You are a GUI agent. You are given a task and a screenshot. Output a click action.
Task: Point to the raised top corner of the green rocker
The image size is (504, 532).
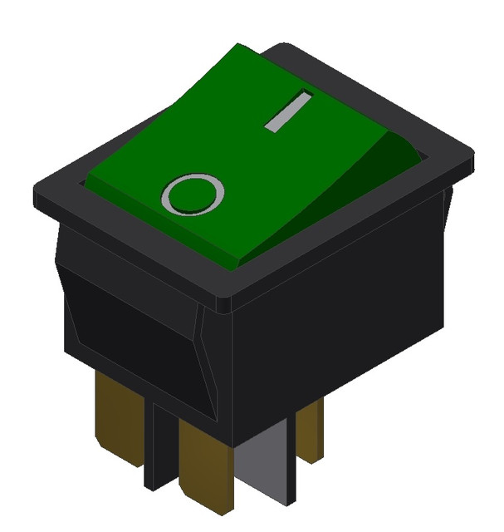[x=239, y=47]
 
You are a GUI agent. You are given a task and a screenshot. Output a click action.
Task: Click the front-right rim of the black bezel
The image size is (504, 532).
[x=349, y=237]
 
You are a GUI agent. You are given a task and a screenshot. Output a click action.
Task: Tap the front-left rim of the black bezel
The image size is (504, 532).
[x=125, y=249]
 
